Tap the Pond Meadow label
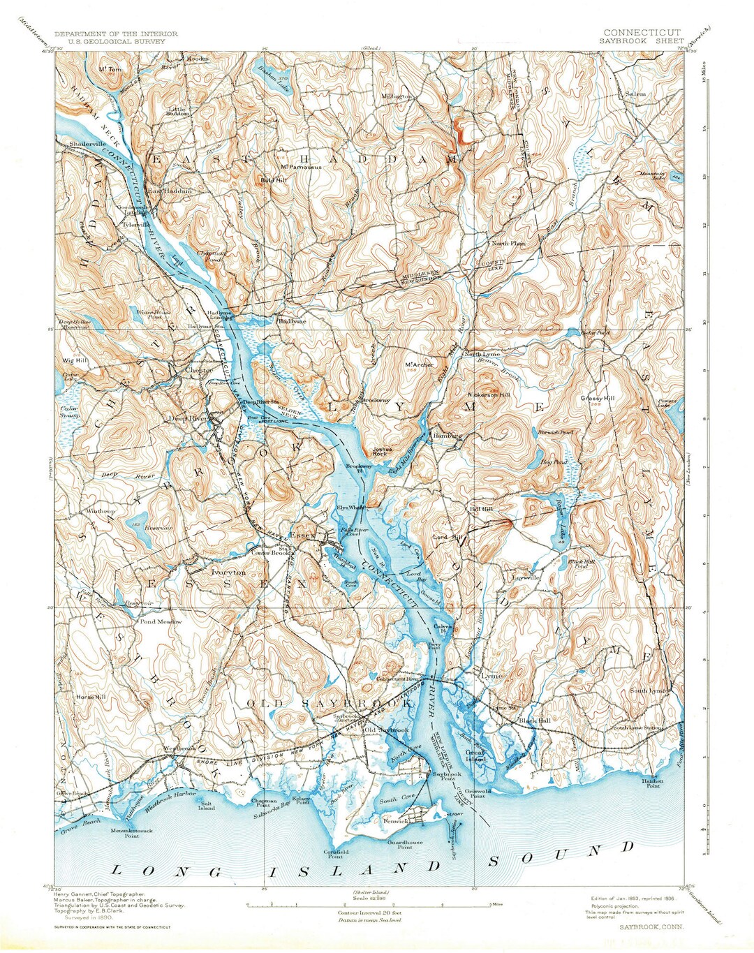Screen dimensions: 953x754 pyautogui.click(x=161, y=621)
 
